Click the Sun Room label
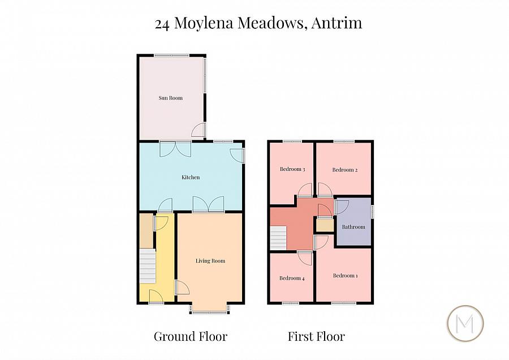tap(170, 98)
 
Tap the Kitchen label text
tap(191, 178)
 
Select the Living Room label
tap(210, 261)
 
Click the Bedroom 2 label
tap(344, 170)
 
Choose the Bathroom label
tap(353, 227)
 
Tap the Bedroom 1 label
tap(345, 276)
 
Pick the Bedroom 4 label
tap(292, 278)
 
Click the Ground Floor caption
tap(191, 336)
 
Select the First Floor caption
tap(316, 336)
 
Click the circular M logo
tap(466, 324)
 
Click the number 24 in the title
tap(162, 23)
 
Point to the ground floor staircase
tap(148, 267)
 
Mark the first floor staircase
tap(280, 237)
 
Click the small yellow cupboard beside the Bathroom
tap(325, 225)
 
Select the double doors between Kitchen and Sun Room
tap(175, 148)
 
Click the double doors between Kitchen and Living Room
tap(208, 204)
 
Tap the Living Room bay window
tap(210, 308)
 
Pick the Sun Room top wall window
tap(172, 55)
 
